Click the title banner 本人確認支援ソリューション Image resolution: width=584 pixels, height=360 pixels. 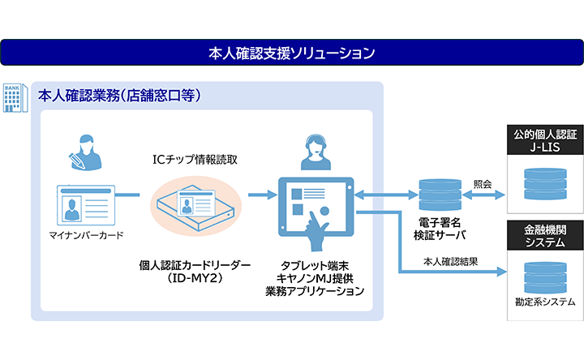point(291,54)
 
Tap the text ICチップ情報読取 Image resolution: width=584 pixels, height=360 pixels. point(195,159)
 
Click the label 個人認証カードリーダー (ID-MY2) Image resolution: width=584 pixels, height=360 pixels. point(195,272)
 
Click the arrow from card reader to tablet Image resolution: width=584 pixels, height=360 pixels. point(259,195)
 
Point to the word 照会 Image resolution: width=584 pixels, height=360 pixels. point(483,183)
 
